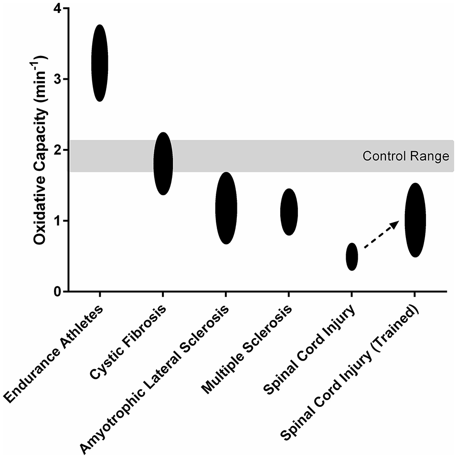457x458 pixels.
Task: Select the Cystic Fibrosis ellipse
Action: click(x=163, y=163)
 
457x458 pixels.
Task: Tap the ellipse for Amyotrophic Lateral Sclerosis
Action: click(x=226, y=208)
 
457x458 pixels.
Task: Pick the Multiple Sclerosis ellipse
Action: click(x=289, y=212)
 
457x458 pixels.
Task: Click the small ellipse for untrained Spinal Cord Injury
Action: click(x=351, y=256)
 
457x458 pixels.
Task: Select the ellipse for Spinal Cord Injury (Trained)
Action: click(x=415, y=220)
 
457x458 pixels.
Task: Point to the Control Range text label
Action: click(x=406, y=156)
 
